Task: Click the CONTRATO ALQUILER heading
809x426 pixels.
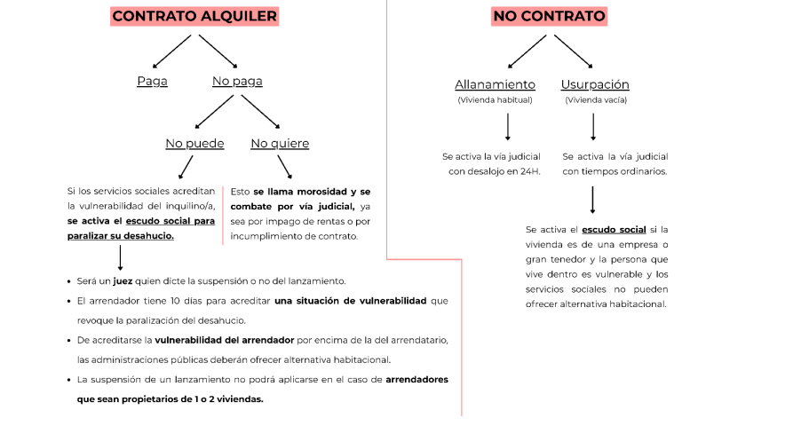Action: click(x=194, y=16)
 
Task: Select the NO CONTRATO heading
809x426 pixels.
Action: click(x=548, y=16)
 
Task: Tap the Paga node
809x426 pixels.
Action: click(x=152, y=82)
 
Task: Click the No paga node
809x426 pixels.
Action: click(x=237, y=82)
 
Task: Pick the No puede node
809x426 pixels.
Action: click(x=194, y=143)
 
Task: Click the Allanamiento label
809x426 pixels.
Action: click(x=495, y=84)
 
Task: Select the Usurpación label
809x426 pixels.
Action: click(x=595, y=84)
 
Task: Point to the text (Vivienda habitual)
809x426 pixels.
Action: click(x=495, y=100)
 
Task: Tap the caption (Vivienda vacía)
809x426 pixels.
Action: click(x=595, y=100)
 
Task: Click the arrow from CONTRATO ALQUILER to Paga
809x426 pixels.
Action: click(x=172, y=51)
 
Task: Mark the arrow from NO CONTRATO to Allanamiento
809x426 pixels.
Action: click(x=527, y=51)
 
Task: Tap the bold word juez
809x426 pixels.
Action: click(x=123, y=281)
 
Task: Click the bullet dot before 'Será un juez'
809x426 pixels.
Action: click(x=69, y=281)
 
